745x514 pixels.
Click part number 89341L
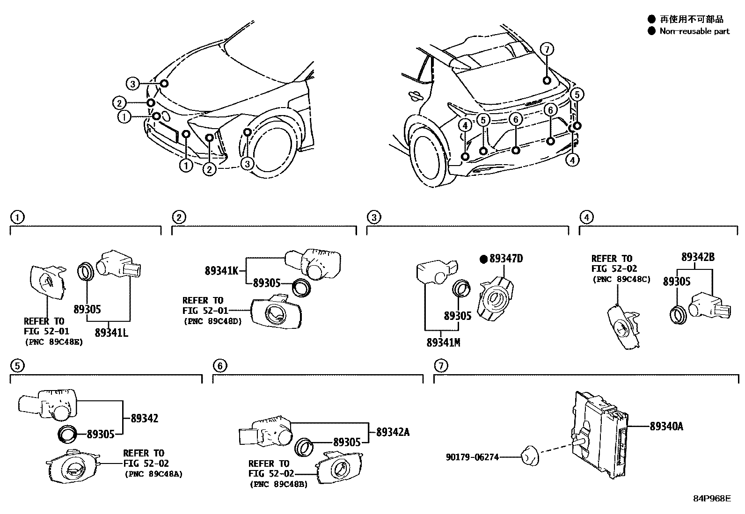[111, 333]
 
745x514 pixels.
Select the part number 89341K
[222, 270]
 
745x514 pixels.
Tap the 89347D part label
[505, 259]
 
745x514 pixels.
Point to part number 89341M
[443, 342]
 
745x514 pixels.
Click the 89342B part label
[698, 257]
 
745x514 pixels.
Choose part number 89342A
[393, 432]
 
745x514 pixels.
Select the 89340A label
[666, 426]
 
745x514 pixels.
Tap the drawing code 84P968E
[711, 498]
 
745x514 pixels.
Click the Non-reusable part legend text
[694, 31]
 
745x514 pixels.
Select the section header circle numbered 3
[373, 217]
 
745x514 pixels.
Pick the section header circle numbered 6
[219, 366]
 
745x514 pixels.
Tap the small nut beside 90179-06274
[529, 455]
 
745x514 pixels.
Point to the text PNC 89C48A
[153, 474]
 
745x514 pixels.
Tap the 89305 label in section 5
[100, 434]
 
